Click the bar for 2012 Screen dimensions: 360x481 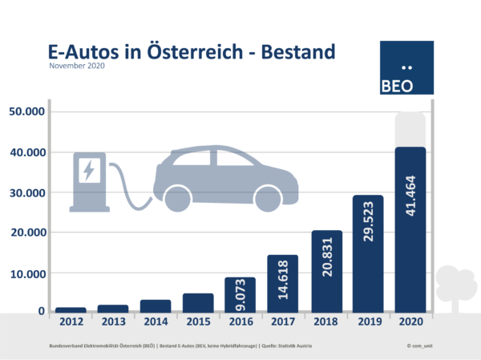tap(71, 309)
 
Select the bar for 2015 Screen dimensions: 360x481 tap(198, 302)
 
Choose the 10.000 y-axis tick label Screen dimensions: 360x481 tap(26, 273)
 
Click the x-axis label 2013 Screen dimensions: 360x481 tap(113, 322)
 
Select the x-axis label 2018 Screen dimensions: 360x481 tap(325, 322)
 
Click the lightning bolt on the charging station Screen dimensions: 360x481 tap(88, 170)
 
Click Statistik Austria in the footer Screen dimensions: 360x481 tap(294, 346)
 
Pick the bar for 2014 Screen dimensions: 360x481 tap(156, 305)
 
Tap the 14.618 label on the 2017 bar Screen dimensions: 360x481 tap(283, 280)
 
